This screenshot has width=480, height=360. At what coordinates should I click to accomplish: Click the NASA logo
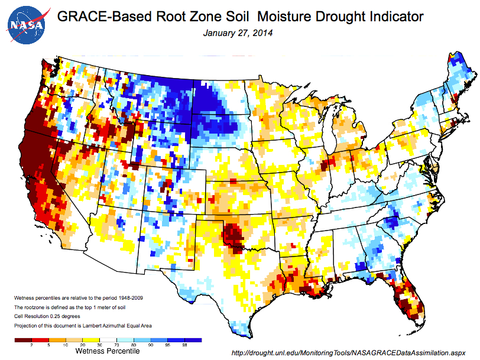[x=25, y=25]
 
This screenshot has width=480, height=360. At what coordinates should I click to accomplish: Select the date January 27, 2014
[x=238, y=33]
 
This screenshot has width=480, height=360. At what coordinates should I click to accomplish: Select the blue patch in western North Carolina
[x=388, y=223]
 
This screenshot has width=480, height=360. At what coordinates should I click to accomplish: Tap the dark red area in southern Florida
[x=408, y=301]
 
